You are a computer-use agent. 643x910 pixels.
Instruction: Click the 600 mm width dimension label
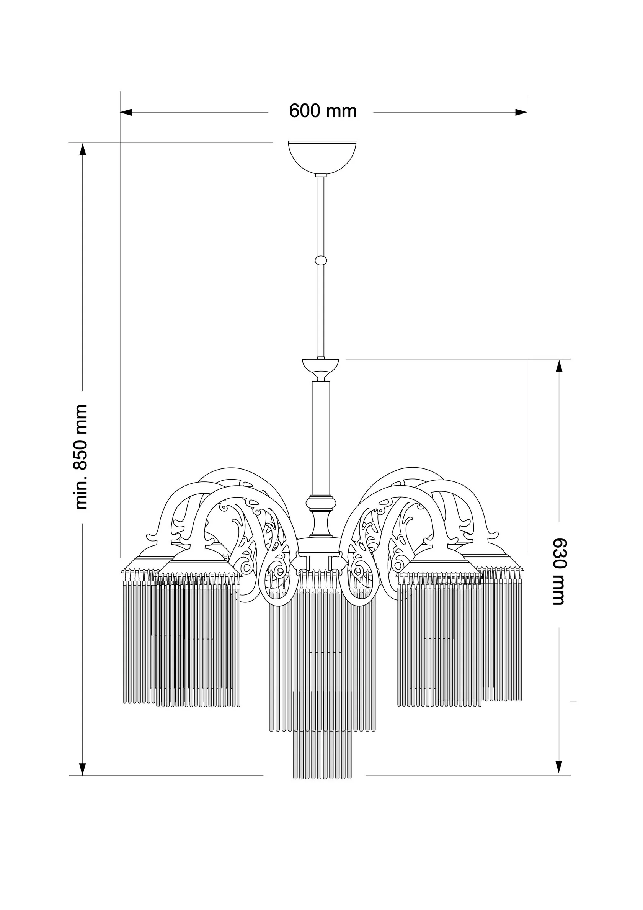323,111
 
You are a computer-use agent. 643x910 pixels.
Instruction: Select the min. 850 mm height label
81,457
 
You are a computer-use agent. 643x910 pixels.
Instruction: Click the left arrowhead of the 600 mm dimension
126,113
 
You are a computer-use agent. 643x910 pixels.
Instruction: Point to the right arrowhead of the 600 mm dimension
521,113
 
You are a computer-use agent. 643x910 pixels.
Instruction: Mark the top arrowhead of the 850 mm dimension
83,149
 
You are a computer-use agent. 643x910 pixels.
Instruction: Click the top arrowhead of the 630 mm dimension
559,366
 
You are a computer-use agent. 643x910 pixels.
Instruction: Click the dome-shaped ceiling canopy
322,157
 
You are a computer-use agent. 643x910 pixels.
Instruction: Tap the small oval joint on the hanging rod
321,260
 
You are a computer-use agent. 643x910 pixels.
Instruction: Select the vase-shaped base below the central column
320,516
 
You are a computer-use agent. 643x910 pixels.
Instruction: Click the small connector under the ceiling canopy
321,175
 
